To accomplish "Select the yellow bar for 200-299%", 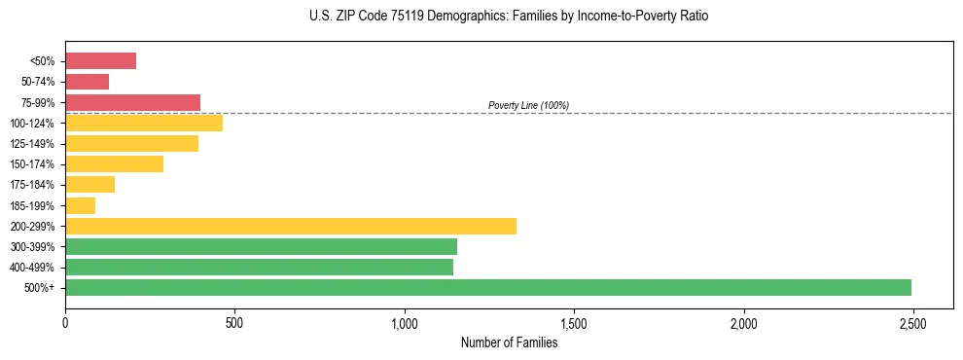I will click(x=291, y=226).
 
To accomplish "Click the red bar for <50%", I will click(x=100, y=61).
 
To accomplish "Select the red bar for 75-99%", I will click(x=132, y=102).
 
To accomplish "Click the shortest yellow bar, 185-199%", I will click(x=80, y=205).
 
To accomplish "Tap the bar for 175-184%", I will click(x=89, y=185).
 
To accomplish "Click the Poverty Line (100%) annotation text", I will click(x=528, y=105).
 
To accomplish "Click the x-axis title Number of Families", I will click(x=510, y=342).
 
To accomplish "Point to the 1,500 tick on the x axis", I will click(x=574, y=322).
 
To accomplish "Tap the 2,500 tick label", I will click(x=912, y=322).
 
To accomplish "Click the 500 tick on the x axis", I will click(x=234, y=322).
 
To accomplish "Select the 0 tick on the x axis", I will click(x=65, y=322).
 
